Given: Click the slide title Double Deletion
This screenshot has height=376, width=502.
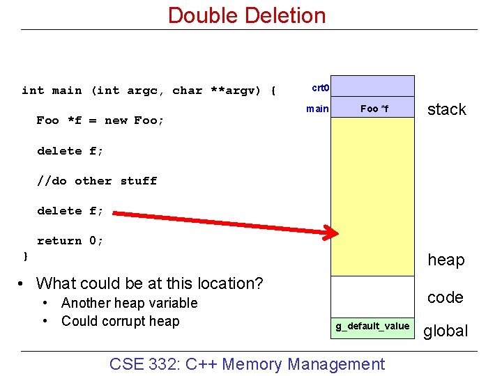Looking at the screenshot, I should (x=247, y=15).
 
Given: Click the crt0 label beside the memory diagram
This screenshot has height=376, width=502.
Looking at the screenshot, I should (x=320, y=88).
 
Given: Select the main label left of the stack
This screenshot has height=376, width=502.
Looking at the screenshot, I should (x=317, y=109).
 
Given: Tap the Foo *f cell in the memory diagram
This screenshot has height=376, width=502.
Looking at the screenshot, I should (x=373, y=109).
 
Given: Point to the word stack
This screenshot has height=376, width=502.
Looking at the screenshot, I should (x=446, y=109).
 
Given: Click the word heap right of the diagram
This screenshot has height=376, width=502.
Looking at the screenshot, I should (x=446, y=260).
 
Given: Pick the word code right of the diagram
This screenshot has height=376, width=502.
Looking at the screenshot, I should (x=445, y=297).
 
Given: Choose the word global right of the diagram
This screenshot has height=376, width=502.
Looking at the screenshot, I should (x=446, y=331).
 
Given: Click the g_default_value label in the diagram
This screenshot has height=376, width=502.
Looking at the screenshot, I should (x=372, y=326).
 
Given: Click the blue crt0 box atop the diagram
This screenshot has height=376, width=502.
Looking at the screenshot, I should (x=372, y=86).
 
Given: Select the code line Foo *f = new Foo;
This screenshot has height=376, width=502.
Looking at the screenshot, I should (x=100, y=120).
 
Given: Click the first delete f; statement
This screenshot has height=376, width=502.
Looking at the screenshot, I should (x=70, y=150).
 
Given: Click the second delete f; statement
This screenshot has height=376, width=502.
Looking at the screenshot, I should (x=70, y=210).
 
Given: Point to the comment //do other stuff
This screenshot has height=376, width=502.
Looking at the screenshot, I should (x=97, y=180).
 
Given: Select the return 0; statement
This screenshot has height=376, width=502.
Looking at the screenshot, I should (x=70, y=240).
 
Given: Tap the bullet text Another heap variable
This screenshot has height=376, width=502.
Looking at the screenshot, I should (x=129, y=303).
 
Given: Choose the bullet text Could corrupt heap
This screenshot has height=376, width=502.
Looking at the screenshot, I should (x=120, y=321).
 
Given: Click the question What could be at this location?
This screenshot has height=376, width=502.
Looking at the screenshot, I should (x=149, y=283).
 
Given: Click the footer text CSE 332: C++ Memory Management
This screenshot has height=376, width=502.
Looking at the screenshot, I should (x=247, y=363).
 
